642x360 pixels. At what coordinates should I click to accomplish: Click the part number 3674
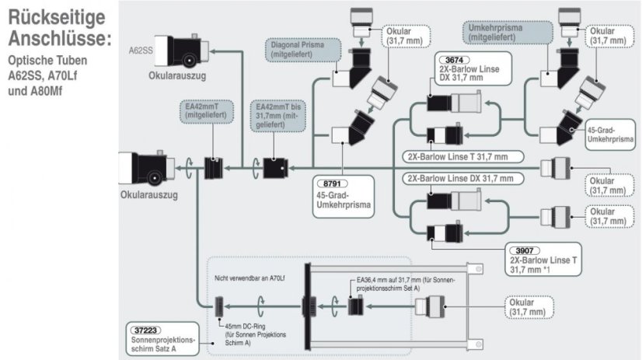coord(453,59)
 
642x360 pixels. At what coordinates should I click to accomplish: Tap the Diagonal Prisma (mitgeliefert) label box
coord(305,51)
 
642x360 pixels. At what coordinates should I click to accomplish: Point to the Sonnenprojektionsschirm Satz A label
coord(166,343)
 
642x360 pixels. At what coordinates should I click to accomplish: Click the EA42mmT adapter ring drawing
coord(212,167)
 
